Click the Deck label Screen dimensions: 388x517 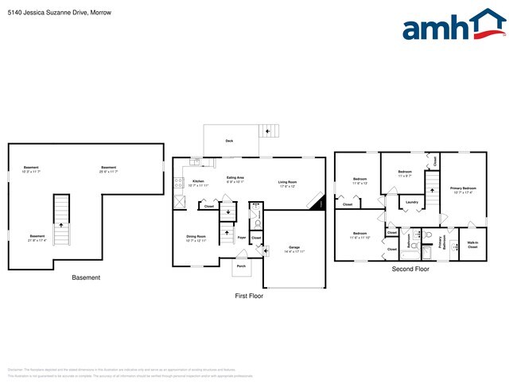[229, 141]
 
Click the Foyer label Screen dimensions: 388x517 [241, 237]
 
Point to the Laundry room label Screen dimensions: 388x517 [411, 202]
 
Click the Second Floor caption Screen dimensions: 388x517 [410, 269]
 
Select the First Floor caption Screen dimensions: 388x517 [248, 296]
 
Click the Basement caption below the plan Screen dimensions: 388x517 [86, 277]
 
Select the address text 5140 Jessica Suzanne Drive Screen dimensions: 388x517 [48, 12]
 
